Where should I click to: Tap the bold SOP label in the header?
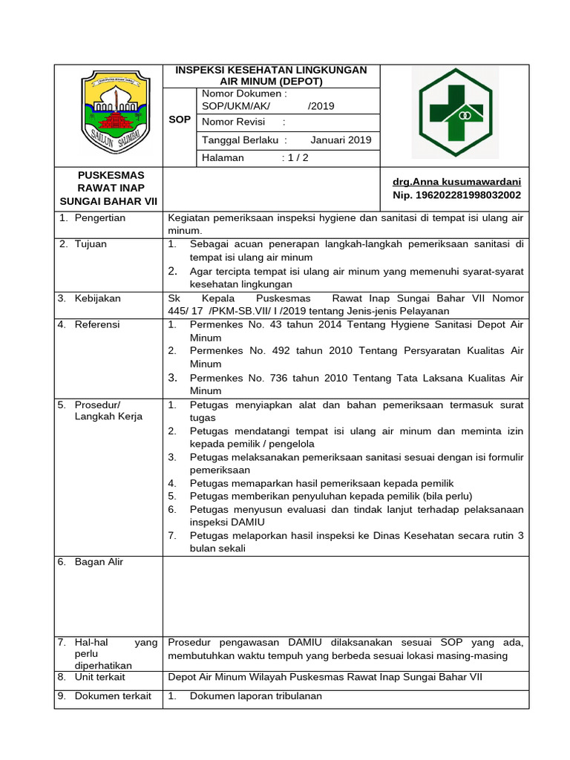tap(180, 119)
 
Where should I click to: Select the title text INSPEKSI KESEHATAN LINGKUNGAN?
tap(271, 70)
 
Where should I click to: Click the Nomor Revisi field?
tap(243, 122)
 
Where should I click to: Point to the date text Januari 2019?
tap(341, 140)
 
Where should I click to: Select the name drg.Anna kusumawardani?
tap(456, 181)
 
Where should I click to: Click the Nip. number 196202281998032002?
tap(456, 195)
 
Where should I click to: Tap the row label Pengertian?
tap(99, 217)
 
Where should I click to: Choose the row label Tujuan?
tap(91, 243)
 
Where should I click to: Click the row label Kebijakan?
tap(96, 298)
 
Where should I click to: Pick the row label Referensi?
tap(96, 324)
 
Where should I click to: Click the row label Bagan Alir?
tap(99, 562)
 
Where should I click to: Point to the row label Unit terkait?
tap(99, 677)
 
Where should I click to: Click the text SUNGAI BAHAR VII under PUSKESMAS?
tap(108, 202)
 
